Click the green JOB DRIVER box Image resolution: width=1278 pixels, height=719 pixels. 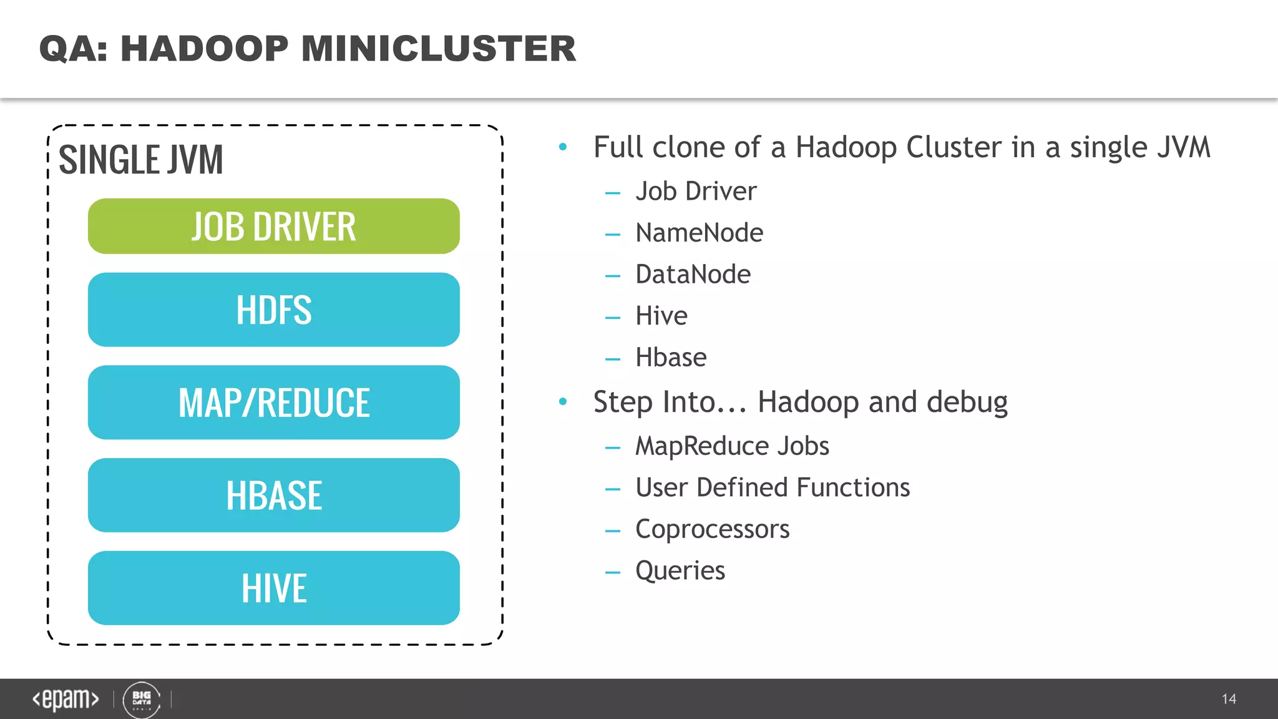[x=273, y=226]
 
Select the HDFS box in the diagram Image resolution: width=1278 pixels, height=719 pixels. [x=273, y=310]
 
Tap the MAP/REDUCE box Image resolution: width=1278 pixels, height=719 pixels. [x=273, y=403]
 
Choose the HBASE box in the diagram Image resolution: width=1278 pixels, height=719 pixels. [x=273, y=495]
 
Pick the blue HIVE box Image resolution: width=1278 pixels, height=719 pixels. [x=273, y=588]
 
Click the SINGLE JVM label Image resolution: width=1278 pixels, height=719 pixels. [x=140, y=160]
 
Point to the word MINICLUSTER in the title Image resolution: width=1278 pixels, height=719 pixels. [x=439, y=49]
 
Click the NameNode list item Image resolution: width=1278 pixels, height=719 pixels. [x=699, y=233]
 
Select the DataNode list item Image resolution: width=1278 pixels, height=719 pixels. [x=693, y=275]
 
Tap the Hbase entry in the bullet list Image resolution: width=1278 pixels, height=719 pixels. [x=671, y=358]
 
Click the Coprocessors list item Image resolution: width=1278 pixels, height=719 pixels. [x=712, y=529]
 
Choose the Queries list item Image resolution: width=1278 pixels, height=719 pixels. [x=680, y=570]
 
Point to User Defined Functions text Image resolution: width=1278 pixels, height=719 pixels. [x=773, y=487]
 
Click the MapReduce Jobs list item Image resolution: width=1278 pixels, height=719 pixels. [x=732, y=446]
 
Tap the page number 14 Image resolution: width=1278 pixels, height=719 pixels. [x=1229, y=699]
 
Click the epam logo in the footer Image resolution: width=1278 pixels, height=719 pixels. [x=66, y=699]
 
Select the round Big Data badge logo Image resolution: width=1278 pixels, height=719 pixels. [x=142, y=700]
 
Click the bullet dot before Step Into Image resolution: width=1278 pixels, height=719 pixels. [x=563, y=401]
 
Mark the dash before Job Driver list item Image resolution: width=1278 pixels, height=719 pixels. [x=613, y=193]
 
